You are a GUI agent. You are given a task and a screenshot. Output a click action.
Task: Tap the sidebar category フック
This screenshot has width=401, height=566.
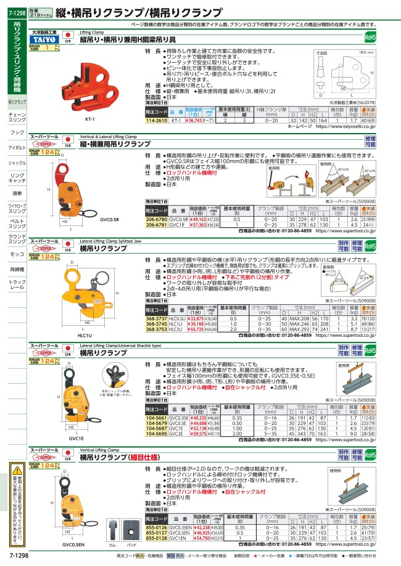[17, 132]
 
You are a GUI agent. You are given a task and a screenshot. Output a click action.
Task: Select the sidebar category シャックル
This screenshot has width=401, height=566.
[17, 163]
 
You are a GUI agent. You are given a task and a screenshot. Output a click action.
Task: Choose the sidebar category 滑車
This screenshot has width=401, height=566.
[17, 193]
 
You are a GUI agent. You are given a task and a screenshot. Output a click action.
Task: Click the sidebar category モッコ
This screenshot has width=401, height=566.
[17, 254]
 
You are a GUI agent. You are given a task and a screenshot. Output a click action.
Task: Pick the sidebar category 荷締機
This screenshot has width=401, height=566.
[17, 269]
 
